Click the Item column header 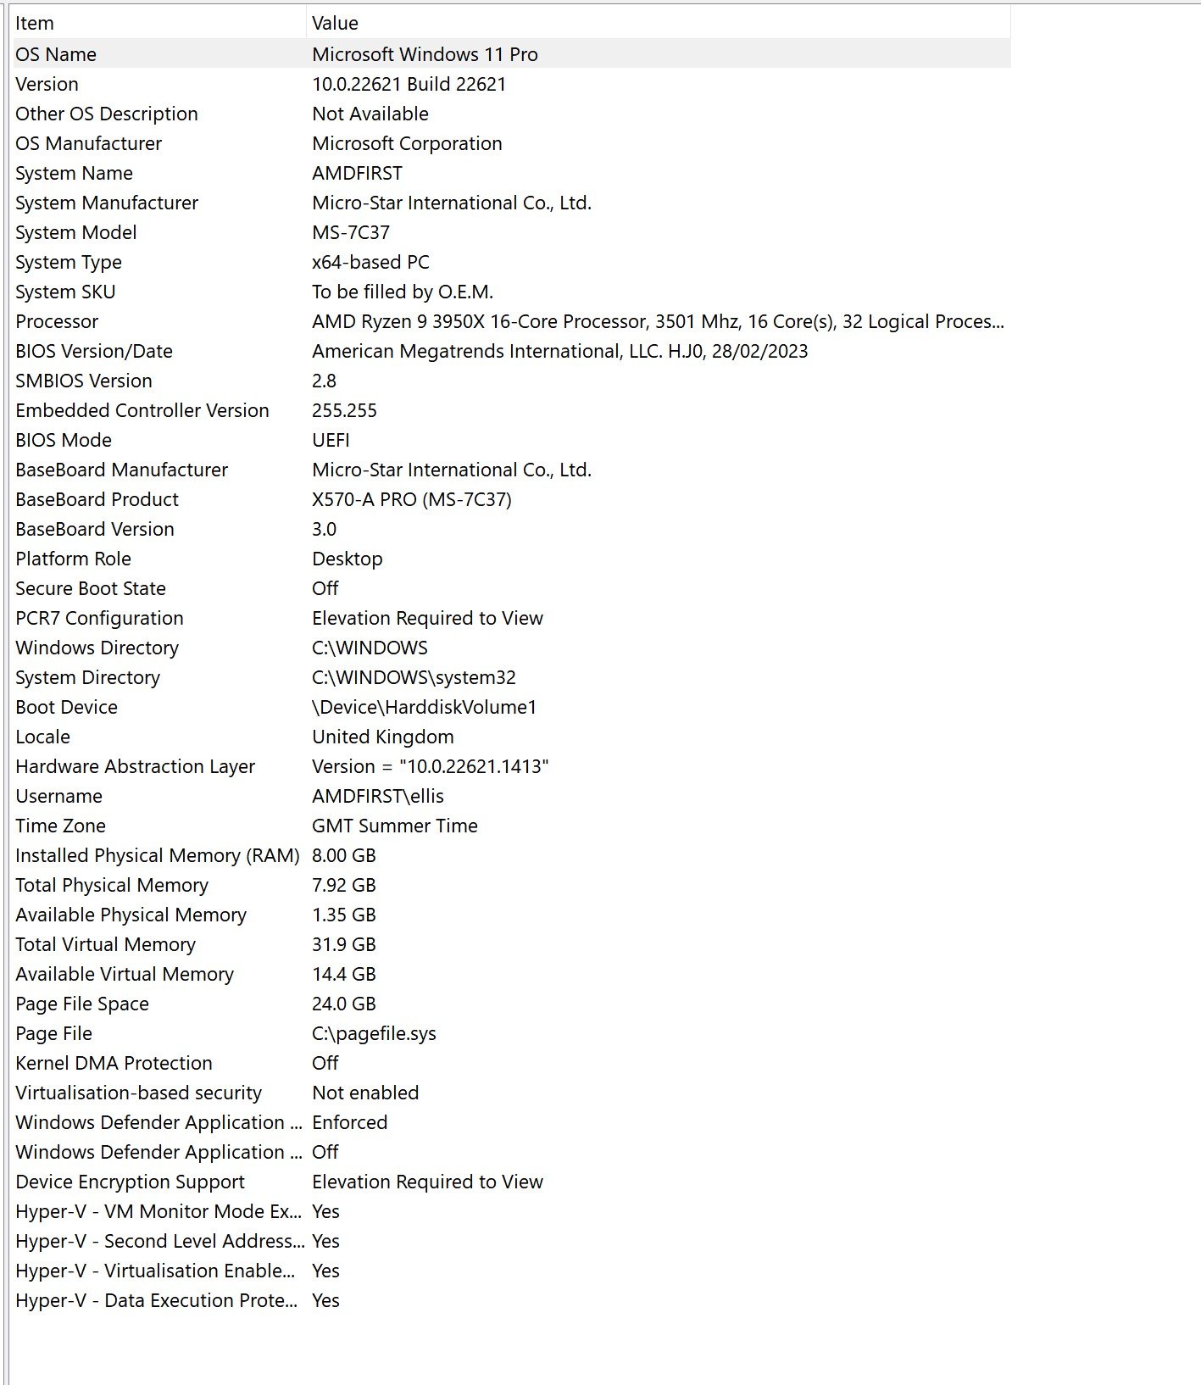[35, 23]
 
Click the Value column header [335, 23]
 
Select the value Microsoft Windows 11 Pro [425, 54]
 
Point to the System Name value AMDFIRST [357, 173]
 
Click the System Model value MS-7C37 [351, 232]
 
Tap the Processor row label [57, 321]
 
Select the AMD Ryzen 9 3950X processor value [657, 321]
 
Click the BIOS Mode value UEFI [331, 440]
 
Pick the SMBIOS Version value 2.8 [324, 381]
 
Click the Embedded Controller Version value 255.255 [344, 410]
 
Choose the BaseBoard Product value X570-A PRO [411, 499]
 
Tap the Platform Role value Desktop [347, 559]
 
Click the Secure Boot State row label [91, 588]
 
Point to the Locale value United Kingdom [382, 737]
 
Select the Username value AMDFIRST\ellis [377, 796]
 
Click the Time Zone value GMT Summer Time [394, 826]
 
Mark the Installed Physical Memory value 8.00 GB [343, 855]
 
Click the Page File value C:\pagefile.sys [374, 1033]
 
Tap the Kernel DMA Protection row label [114, 1063]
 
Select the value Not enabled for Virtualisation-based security [365, 1093]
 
